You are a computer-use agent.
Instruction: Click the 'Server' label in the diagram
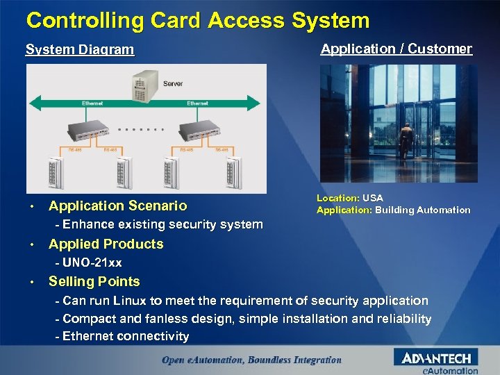[x=173, y=84]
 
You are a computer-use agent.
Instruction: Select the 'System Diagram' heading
[x=80, y=50]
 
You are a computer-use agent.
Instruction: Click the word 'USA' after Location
[x=373, y=199]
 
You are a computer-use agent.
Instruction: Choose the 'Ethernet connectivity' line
[x=125, y=336]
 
